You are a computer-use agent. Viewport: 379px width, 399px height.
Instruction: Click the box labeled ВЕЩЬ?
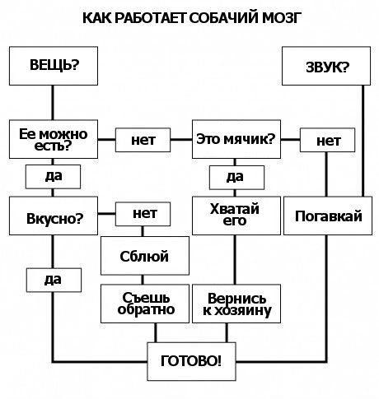[x=54, y=65]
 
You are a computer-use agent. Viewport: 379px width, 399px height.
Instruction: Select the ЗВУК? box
[x=326, y=66]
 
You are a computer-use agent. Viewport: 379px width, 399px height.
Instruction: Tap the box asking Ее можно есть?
[x=54, y=139]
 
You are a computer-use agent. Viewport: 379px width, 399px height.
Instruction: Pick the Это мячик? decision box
[x=235, y=139]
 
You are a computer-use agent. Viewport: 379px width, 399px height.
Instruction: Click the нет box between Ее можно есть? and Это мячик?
[x=143, y=140]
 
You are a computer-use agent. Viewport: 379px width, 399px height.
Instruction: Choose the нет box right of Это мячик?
[x=328, y=140]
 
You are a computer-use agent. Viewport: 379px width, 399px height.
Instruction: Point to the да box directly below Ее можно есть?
[x=54, y=176]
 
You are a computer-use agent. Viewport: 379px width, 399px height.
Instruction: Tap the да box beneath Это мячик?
[x=235, y=176]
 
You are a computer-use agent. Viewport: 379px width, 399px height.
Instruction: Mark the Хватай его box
[x=235, y=216]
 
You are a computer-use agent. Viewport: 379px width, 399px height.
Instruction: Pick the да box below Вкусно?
[x=54, y=279]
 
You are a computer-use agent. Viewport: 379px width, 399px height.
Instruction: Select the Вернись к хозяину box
[x=235, y=303]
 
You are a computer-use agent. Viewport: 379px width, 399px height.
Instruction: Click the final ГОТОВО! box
[x=190, y=360]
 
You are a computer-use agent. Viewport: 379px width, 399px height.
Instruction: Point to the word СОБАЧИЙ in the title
[x=222, y=17]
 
